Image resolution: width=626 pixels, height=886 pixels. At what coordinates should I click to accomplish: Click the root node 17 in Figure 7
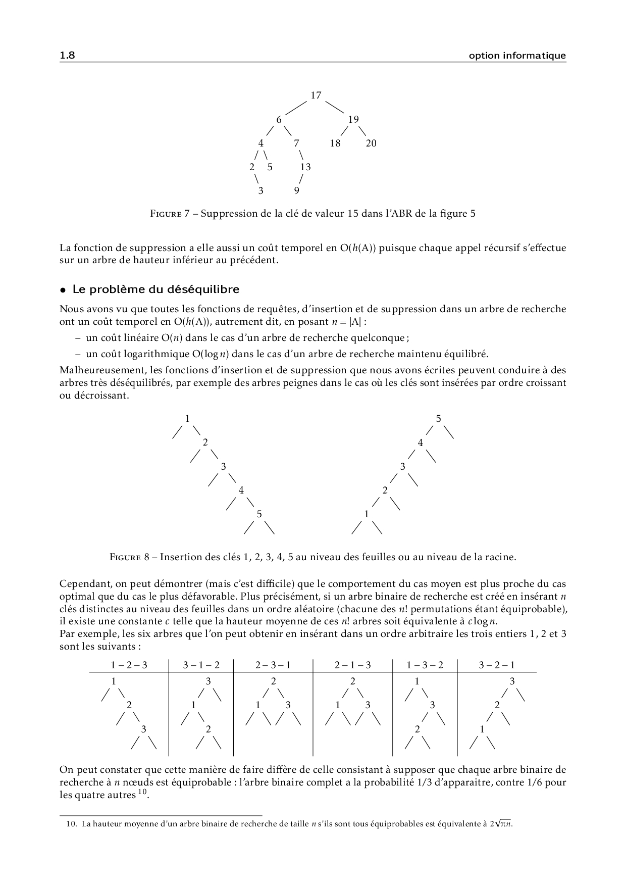tap(316, 95)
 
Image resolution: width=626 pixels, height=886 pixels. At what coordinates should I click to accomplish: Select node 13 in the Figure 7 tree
tap(305, 167)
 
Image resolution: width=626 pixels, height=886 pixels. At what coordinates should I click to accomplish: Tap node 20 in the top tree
tap(371, 143)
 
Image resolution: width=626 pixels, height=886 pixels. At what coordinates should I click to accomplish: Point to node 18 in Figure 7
tap(335, 143)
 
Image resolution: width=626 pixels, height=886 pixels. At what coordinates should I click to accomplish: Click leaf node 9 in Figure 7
tap(296, 191)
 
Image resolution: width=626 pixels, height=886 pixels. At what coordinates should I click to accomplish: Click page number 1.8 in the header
tap(67, 56)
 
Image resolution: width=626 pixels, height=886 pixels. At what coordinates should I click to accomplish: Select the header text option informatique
tap(517, 56)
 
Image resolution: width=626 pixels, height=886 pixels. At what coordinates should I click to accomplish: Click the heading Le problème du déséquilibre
tap(155, 289)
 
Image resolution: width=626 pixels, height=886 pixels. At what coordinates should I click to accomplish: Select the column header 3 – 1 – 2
tap(201, 665)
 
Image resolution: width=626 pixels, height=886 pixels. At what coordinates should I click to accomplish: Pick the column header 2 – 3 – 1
tap(273, 665)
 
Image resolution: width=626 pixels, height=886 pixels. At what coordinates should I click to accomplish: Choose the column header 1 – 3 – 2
tap(425, 665)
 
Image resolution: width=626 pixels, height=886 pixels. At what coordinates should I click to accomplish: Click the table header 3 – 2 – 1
tap(497, 665)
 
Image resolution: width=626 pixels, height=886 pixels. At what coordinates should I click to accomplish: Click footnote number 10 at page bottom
tap(71, 824)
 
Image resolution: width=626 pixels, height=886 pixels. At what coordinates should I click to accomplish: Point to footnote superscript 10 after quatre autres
tap(142, 792)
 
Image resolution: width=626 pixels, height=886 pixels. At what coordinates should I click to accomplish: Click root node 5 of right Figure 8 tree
tap(438, 419)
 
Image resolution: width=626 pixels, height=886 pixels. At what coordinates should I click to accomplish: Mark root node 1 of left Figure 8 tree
tap(187, 419)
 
